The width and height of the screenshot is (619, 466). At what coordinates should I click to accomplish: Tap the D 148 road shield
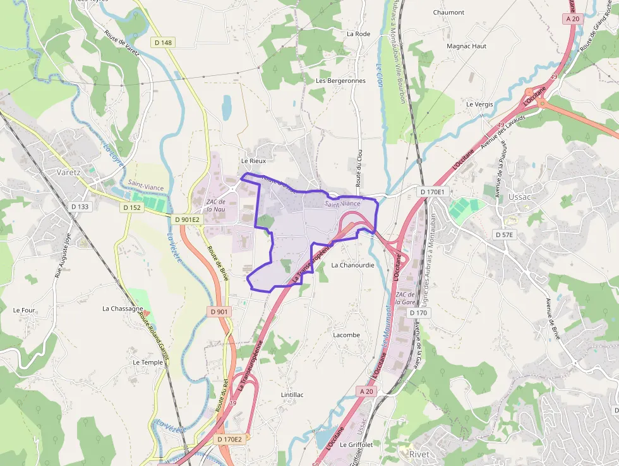[162, 42]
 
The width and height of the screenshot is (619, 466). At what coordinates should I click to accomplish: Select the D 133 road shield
[80, 207]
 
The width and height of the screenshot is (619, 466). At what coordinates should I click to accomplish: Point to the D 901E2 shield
[187, 219]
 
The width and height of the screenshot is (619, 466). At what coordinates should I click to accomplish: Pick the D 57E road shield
[505, 235]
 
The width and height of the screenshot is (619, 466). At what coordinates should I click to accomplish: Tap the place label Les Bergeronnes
[340, 81]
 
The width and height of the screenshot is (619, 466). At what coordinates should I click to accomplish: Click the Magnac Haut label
[466, 46]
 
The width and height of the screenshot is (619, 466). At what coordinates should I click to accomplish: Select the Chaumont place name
[448, 13]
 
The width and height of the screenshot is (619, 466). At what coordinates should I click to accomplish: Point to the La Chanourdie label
[352, 265]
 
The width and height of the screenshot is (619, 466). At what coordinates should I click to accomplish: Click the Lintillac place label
[292, 395]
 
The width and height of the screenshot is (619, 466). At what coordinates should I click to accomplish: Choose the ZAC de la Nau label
[215, 205]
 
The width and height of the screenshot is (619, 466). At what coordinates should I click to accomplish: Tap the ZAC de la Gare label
[405, 298]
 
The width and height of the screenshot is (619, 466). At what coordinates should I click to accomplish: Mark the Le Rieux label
[253, 161]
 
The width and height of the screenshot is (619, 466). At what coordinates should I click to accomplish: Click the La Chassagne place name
[123, 309]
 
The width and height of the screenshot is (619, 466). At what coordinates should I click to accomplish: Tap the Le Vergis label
[479, 104]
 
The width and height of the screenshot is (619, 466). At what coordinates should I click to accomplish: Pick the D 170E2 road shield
[229, 439]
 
